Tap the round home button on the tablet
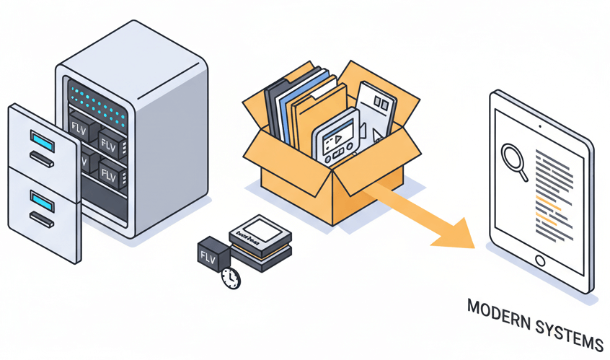pyautogui.click(x=539, y=260)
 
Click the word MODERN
pyautogui.click(x=497, y=312)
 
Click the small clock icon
pyautogui.click(x=231, y=278)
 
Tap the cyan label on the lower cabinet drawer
pyautogui.click(x=42, y=198)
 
